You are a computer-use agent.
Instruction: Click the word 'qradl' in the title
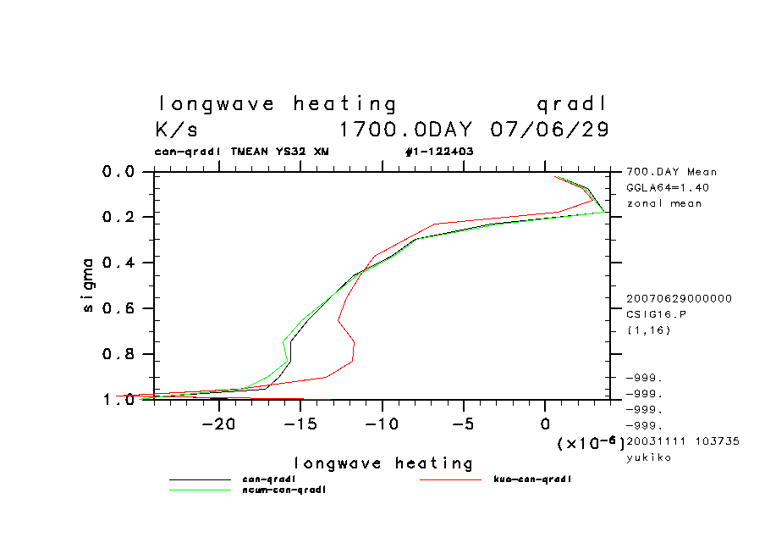(x=572, y=104)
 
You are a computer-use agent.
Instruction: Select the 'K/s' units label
(x=177, y=130)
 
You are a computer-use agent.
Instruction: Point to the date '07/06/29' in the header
(x=549, y=130)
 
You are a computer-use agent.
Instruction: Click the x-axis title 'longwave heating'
(x=383, y=463)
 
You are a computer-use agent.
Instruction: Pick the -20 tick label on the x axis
(x=218, y=421)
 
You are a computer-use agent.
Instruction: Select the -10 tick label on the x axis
(x=382, y=421)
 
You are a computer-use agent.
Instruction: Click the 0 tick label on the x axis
(x=545, y=421)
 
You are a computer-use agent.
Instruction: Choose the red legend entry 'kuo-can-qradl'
(x=532, y=479)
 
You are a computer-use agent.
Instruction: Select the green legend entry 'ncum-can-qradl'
(x=284, y=490)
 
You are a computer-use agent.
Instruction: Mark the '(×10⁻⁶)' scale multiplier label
(x=590, y=442)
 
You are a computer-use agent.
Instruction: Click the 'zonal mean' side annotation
(x=664, y=203)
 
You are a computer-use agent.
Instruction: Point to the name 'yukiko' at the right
(x=648, y=457)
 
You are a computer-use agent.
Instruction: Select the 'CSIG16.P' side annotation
(x=657, y=314)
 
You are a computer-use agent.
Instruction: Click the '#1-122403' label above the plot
(x=439, y=152)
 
